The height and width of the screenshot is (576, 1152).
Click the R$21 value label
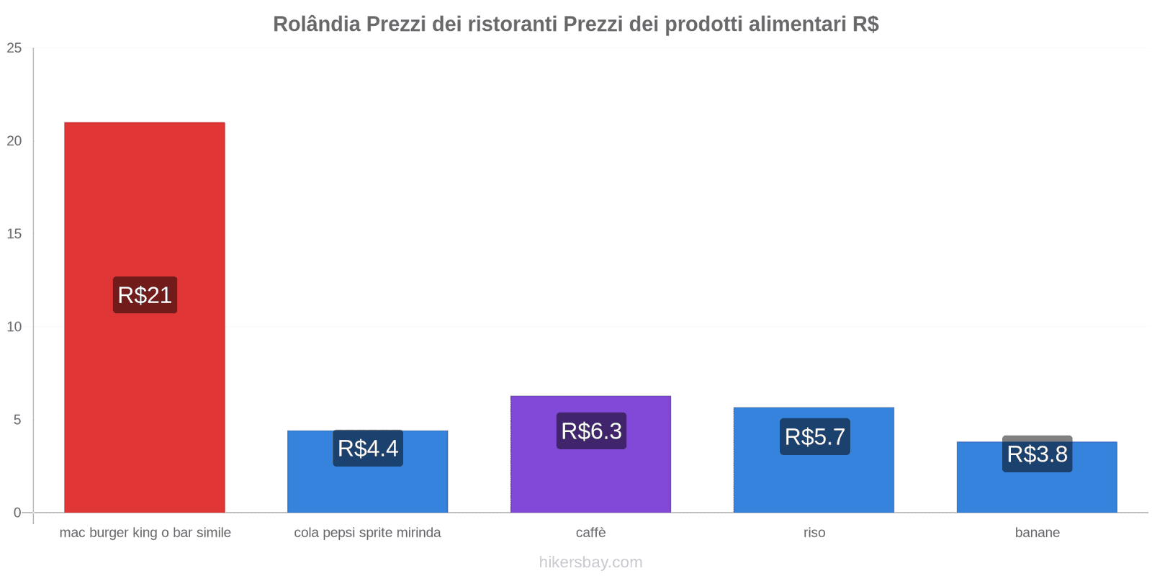[x=145, y=295]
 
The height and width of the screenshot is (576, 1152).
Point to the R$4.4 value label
[x=368, y=449]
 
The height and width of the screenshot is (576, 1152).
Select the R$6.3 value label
[x=591, y=431]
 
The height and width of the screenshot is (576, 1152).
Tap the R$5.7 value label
[x=814, y=437]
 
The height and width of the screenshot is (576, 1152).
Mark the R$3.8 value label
[x=1037, y=454]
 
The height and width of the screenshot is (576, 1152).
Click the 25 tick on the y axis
[x=14, y=48]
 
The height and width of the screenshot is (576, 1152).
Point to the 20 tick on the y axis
[x=14, y=141]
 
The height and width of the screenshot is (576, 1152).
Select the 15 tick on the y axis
[x=14, y=234]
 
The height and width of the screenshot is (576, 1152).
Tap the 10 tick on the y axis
[x=14, y=327]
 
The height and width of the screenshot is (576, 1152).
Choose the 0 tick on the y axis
[x=17, y=513]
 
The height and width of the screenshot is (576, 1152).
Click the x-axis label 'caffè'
[x=590, y=533]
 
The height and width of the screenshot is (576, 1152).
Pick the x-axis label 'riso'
[x=814, y=533]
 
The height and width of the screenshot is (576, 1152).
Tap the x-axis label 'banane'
[x=1037, y=533]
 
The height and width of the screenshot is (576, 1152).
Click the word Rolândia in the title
[x=317, y=24]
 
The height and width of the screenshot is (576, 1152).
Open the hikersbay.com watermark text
[x=590, y=562]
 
